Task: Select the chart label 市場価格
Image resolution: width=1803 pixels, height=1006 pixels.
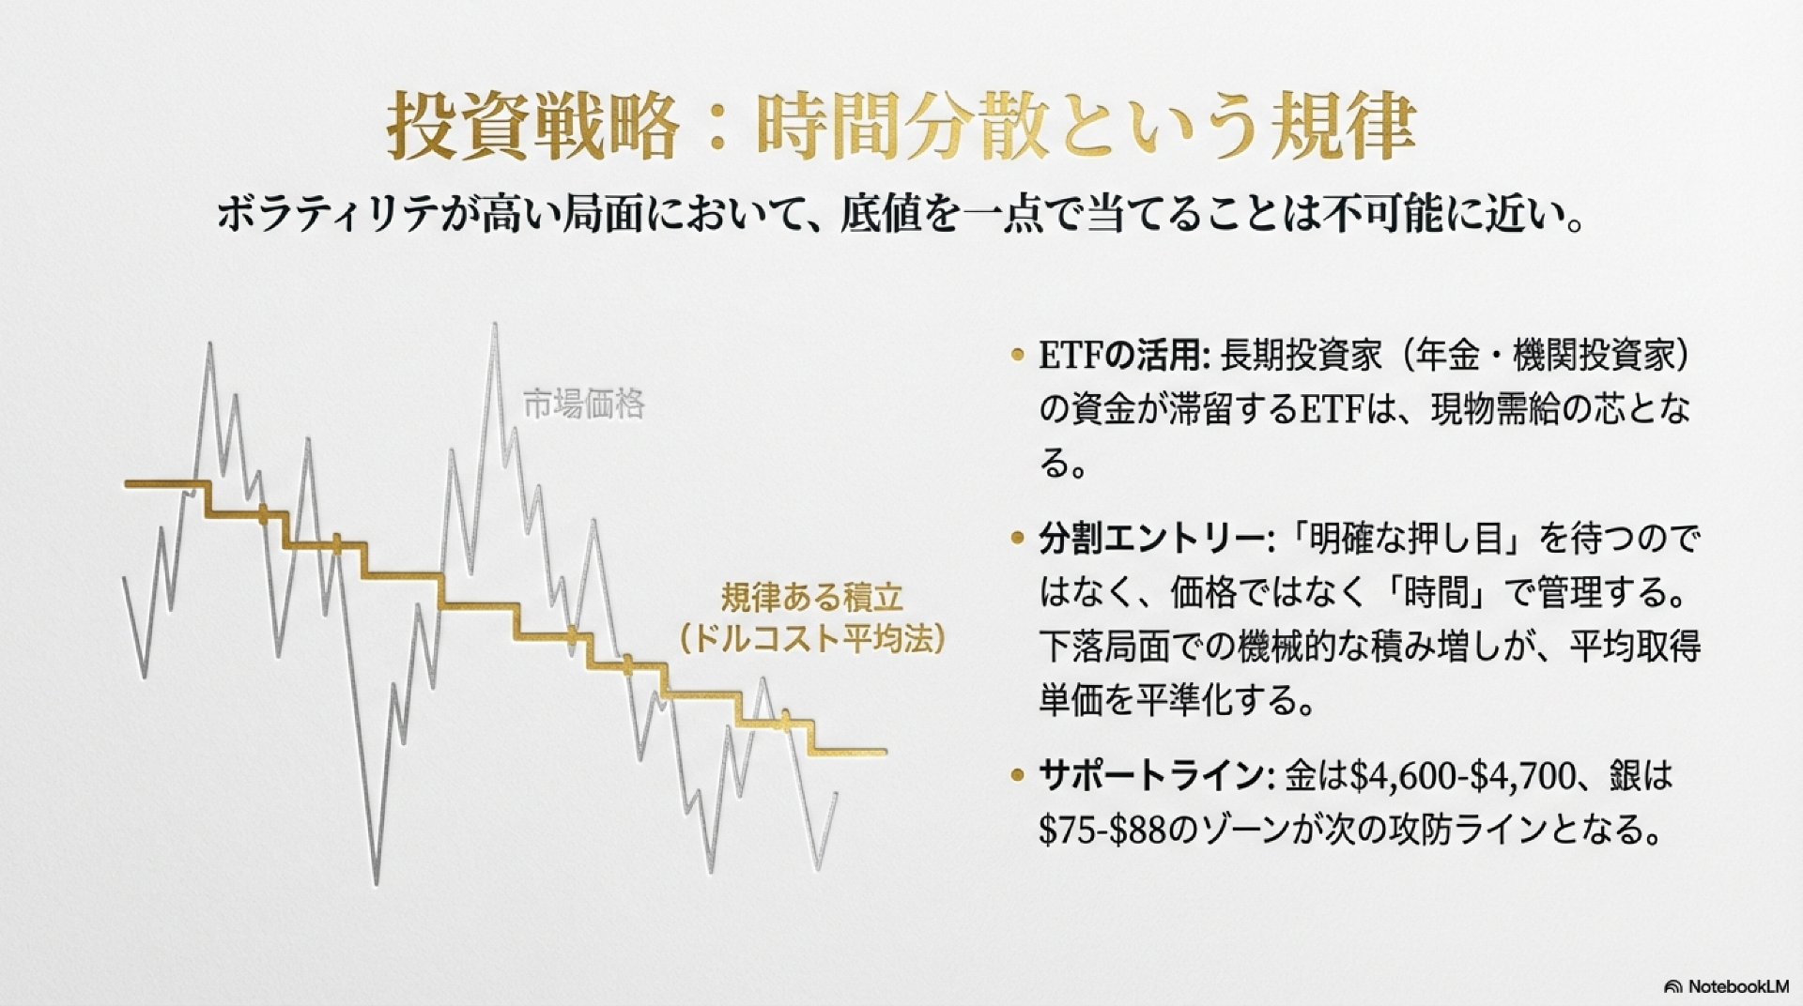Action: coord(583,404)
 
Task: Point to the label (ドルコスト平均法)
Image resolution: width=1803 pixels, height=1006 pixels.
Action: coord(811,639)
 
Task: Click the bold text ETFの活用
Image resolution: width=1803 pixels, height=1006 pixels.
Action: coord(1119,356)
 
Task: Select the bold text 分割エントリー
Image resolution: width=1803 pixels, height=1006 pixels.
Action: coord(1151,539)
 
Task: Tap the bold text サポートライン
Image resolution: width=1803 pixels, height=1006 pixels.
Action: coord(1151,776)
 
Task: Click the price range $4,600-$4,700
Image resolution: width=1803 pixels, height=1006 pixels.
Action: coord(1462,777)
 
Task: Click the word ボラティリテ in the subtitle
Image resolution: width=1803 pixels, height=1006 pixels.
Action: coord(324,215)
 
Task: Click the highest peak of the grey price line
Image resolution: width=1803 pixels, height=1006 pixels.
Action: coord(494,325)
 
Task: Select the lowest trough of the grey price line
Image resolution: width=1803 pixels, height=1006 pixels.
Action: coord(376,880)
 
